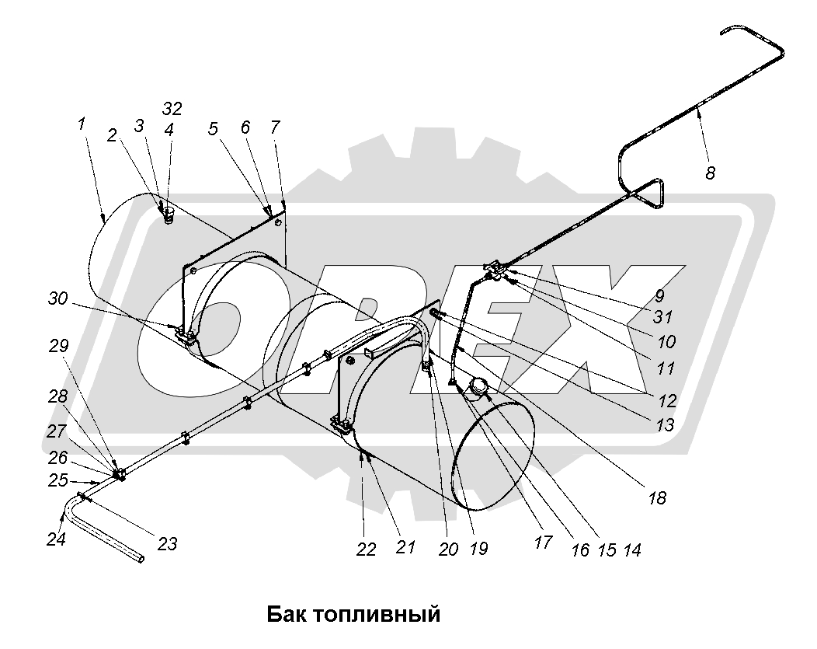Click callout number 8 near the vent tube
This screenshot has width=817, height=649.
[710, 173]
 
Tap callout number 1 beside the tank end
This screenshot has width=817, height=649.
[82, 124]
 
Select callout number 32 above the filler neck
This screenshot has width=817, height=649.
[172, 109]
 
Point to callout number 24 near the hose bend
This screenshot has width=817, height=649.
[56, 539]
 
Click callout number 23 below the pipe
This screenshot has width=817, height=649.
[168, 544]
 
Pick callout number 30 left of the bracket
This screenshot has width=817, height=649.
[58, 298]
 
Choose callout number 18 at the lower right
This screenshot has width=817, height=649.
[658, 498]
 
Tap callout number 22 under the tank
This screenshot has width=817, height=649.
[366, 549]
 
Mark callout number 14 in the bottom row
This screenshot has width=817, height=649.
[632, 550]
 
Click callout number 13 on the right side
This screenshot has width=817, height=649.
[665, 425]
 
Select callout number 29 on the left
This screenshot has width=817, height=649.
[59, 346]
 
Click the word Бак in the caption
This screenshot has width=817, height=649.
[286, 614]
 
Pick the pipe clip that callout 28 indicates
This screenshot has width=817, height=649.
[120, 474]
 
